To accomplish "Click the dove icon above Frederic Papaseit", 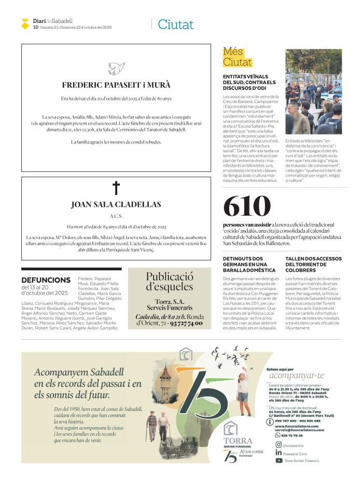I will click(x=116, y=68).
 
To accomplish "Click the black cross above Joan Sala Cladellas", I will click(x=116, y=188).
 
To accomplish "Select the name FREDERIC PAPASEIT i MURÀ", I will click(x=116, y=85).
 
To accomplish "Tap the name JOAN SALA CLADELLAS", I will click(x=116, y=205).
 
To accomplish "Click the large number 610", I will click(x=247, y=206).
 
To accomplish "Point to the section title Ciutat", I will click(x=175, y=24).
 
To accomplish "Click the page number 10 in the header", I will click(x=35, y=27).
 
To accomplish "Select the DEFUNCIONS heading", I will click(x=46, y=280).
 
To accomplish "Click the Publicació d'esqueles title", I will click(x=169, y=281).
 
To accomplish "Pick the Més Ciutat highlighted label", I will click(x=237, y=57).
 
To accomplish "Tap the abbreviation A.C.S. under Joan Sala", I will click(x=116, y=216).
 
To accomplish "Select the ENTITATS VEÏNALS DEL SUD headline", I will click(x=249, y=82).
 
